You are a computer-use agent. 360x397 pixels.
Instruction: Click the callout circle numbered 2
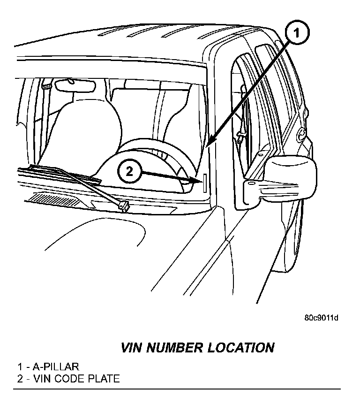click(x=129, y=172)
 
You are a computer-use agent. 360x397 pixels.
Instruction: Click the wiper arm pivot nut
click(x=124, y=205)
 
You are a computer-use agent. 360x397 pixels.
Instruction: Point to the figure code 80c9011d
click(x=321, y=318)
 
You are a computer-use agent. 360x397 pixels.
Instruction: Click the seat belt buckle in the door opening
click(x=240, y=137)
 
